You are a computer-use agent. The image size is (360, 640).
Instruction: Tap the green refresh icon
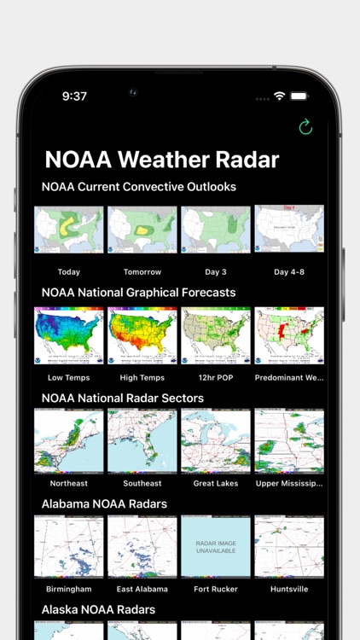click(x=305, y=127)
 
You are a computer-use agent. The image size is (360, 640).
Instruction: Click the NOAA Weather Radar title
click(x=161, y=160)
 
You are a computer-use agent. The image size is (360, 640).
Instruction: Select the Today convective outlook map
click(x=68, y=230)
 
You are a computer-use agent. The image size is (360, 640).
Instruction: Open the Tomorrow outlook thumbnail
click(x=142, y=230)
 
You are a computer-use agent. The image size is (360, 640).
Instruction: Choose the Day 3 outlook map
click(x=216, y=230)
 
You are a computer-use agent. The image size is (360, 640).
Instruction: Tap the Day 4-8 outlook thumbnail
click(x=289, y=230)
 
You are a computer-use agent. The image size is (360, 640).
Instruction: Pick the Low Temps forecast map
click(x=68, y=335)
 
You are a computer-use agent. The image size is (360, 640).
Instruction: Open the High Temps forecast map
click(x=142, y=335)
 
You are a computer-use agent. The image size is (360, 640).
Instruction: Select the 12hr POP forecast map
click(x=216, y=335)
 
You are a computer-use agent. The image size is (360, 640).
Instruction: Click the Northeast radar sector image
click(x=68, y=441)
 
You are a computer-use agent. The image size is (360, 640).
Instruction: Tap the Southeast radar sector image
click(x=142, y=441)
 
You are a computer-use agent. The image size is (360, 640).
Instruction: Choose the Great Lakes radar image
click(x=216, y=441)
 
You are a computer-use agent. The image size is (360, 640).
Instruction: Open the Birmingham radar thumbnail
click(x=68, y=547)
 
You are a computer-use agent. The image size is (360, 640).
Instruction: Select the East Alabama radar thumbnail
click(x=142, y=547)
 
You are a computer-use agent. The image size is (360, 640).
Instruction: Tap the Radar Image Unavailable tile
click(x=216, y=547)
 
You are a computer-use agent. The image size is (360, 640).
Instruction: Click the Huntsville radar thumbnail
click(x=289, y=547)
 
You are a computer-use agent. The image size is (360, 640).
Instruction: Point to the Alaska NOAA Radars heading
click(x=98, y=609)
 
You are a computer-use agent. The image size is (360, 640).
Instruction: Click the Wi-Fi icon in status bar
click(x=279, y=96)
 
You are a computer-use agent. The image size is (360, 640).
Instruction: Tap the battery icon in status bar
click(x=299, y=96)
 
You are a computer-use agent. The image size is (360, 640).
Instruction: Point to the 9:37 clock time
click(x=74, y=96)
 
